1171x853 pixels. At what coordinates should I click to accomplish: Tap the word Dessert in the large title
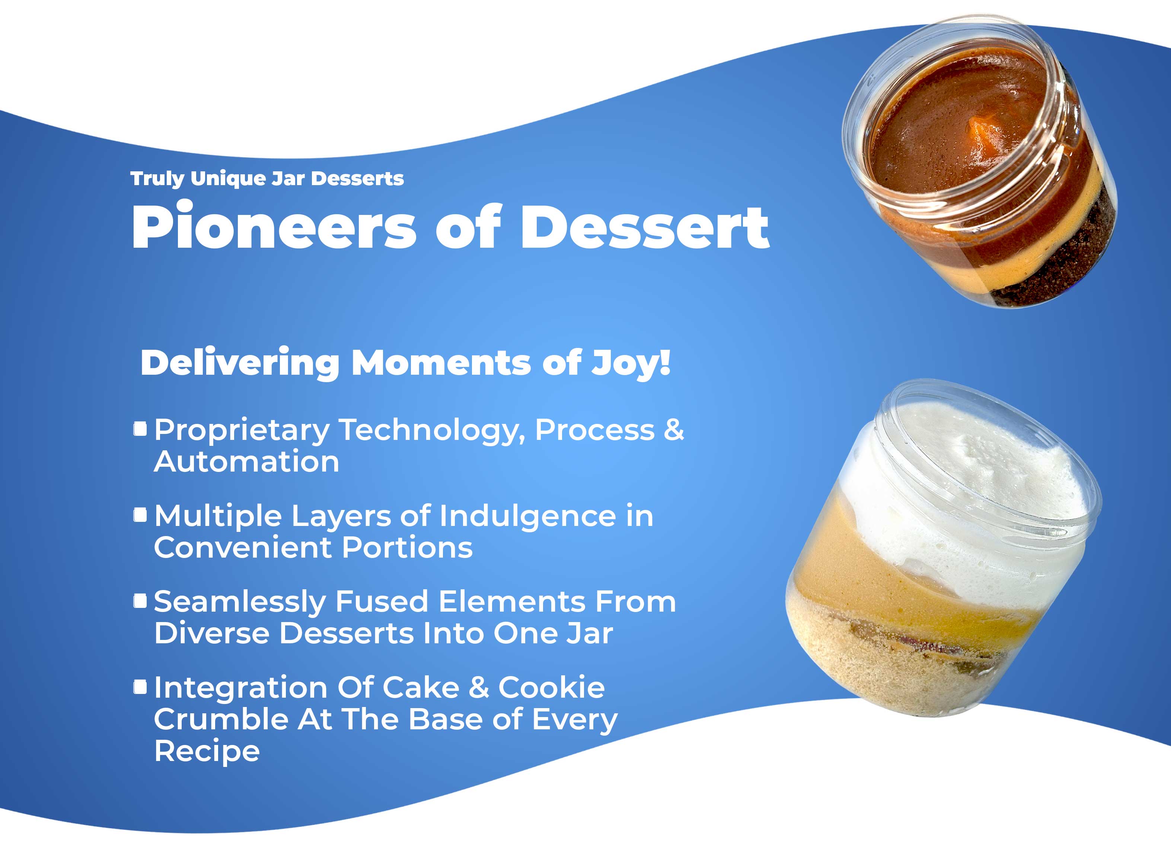[x=645, y=226]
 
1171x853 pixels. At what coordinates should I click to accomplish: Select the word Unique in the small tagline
[x=228, y=179]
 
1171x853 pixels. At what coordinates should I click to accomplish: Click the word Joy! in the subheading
[x=631, y=364]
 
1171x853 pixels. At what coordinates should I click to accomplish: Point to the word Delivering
[x=240, y=364]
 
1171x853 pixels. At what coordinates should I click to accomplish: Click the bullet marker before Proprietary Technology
[x=140, y=429]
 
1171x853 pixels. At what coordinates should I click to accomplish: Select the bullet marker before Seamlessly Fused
[x=140, y=601]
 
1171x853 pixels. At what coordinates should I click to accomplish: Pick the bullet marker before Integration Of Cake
[x=140, y=687]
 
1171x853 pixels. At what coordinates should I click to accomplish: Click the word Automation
[x=246, y=462]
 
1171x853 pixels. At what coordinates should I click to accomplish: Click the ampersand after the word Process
[x=674, y=430]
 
